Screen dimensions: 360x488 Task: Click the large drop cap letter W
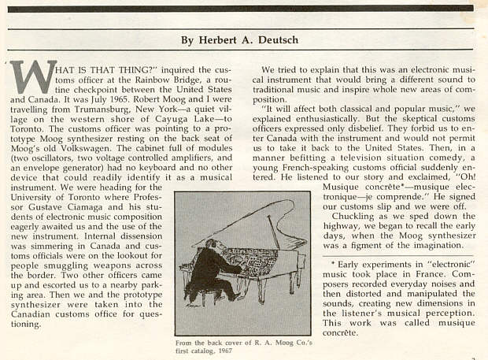33,79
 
